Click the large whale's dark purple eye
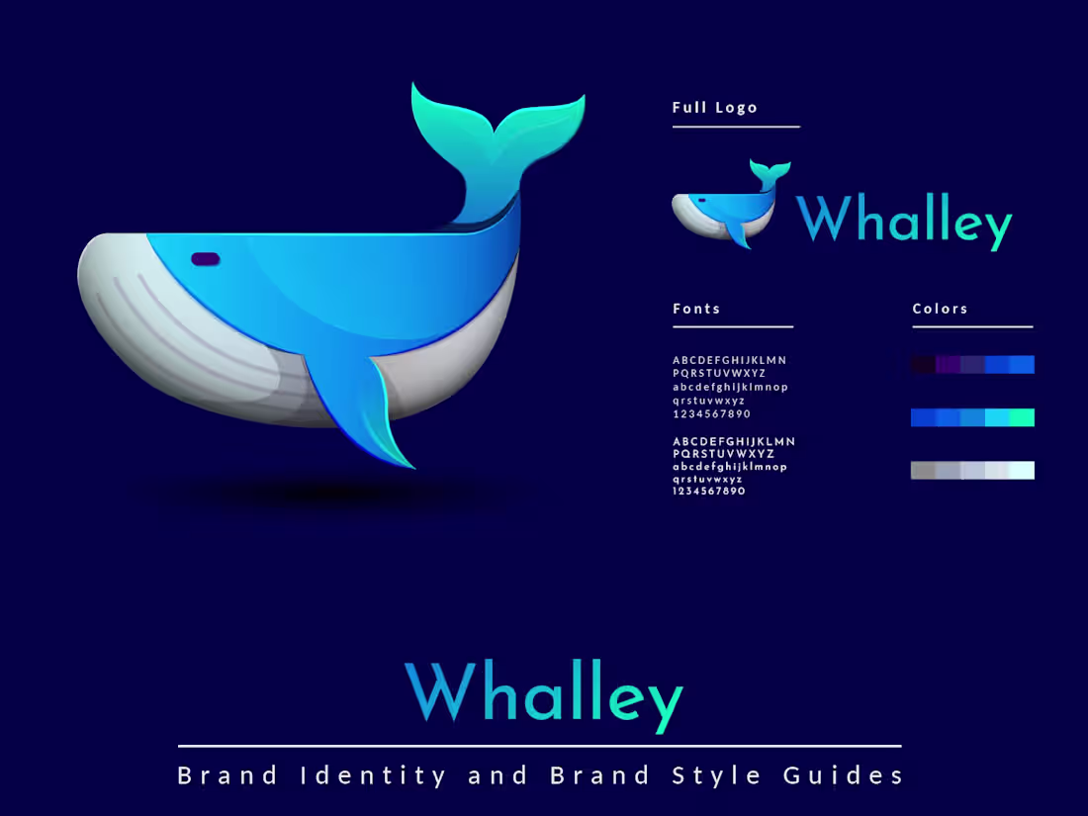tap(205, 259)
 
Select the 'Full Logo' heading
tap(715, 108)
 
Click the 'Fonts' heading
tap(696, 309)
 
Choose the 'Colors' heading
tap(940, 309)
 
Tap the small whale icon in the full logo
tap(727, 208)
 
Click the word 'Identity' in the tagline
tap(374, 775)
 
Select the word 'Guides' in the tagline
tap(844, 775)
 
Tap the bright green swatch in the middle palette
tap(1023, 417)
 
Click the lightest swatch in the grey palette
tap(1023, 470)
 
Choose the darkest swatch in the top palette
tap(923, 364)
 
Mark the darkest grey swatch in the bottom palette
tap(923, 470)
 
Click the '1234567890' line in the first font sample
tap(711, 413)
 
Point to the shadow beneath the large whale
tap(326, 492)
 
